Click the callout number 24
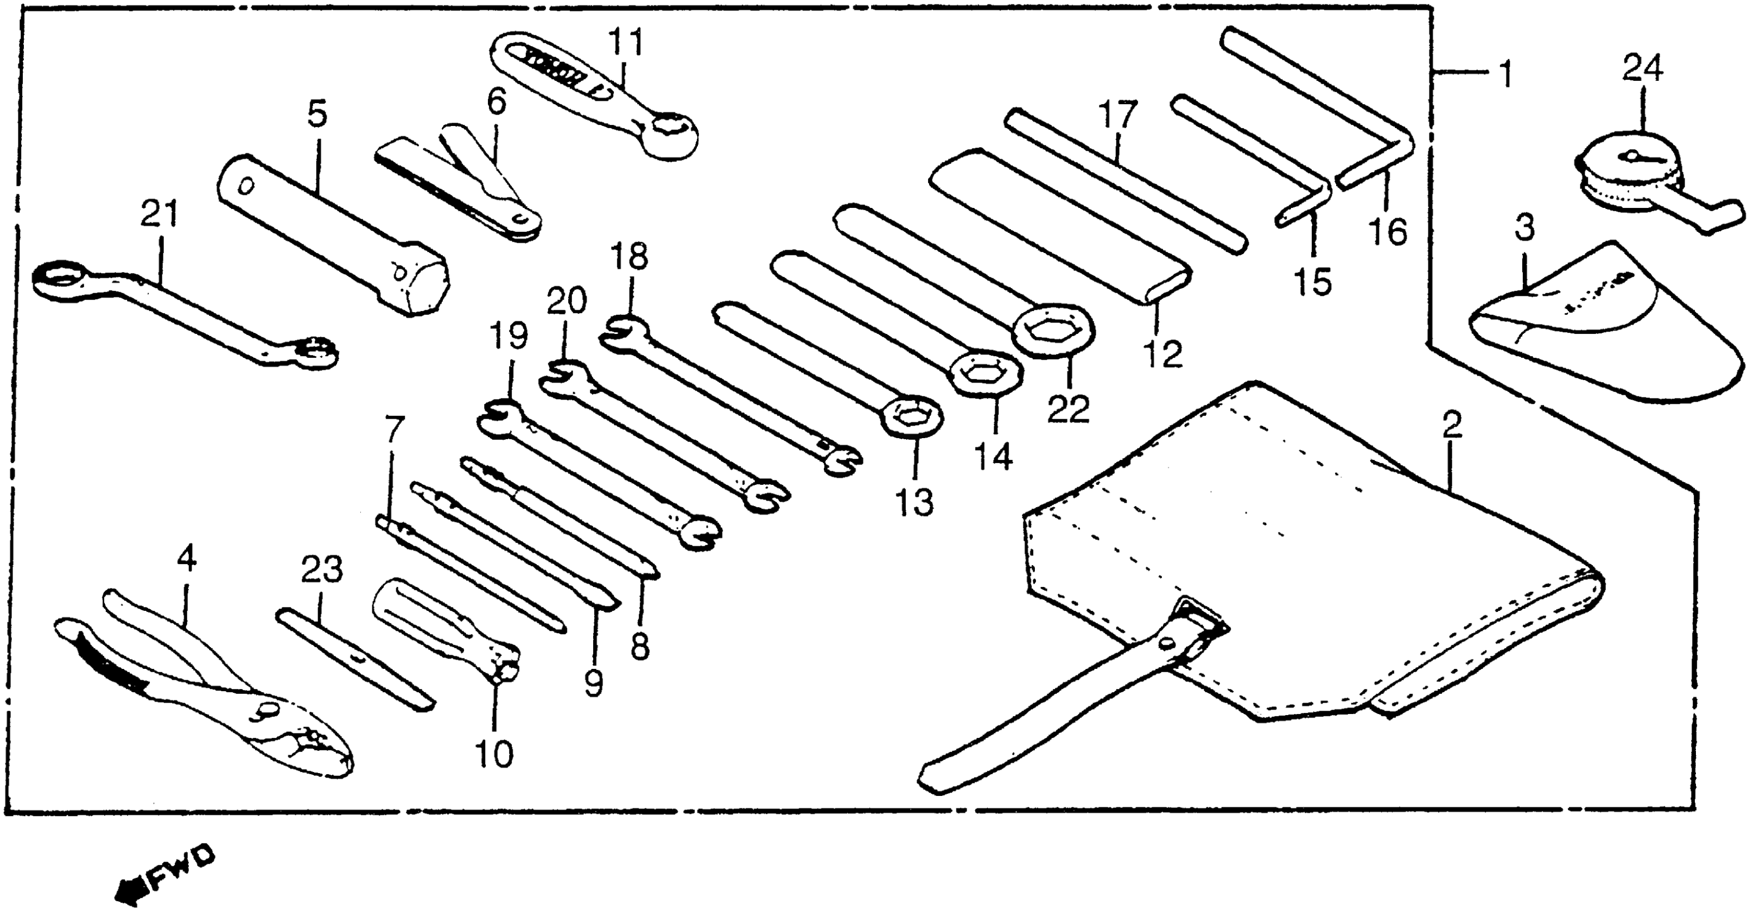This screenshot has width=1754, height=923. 1642,69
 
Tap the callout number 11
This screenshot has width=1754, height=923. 625,43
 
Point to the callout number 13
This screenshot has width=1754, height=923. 914,503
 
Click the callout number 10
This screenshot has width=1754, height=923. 494,755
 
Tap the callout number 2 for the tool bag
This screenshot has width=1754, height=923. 1452,426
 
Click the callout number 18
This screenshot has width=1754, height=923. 629,257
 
